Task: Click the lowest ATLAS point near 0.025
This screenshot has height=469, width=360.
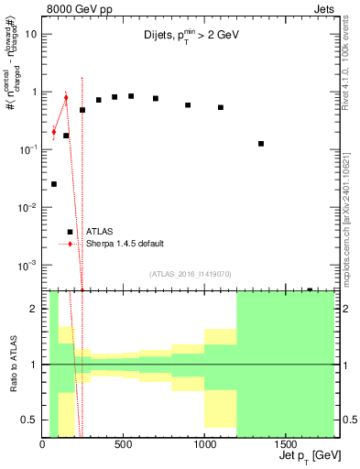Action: tap(54, 184)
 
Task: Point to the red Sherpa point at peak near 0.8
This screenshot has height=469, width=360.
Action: tap(66, 97)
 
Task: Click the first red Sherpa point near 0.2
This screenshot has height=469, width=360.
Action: tap(54, 132)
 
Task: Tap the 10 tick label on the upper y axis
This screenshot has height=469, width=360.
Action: tap(32, 35)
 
